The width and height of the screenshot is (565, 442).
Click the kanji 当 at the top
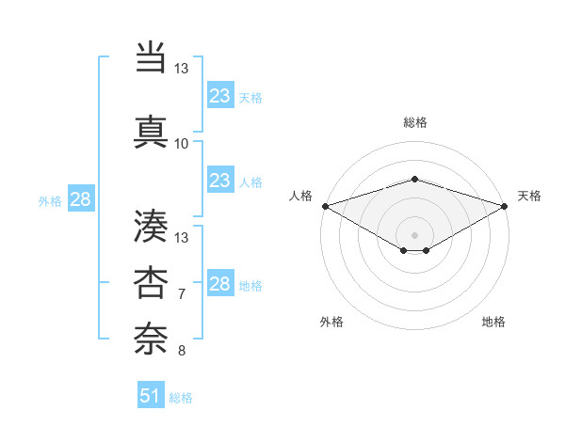pyautogui.click(x=151, y=59)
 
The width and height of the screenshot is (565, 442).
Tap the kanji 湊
pyautogui.click(x=151, y=227)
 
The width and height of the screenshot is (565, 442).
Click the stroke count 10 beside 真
pyautogui.click(x=182, y=144)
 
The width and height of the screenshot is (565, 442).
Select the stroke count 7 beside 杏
pyautogui.click(x=182, y=294)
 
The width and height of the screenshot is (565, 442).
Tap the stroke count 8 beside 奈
pyautogui.click(x=182, y=351)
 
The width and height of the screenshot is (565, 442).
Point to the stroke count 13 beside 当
pyautogui.click(x=182, y=69)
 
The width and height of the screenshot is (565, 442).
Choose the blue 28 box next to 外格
pyautogui.click(x=80, y=199)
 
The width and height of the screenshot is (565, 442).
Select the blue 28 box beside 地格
pyautogui.click(x=219, y=284)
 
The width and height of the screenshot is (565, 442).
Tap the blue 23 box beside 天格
pyautogui.click(x=219, y=96)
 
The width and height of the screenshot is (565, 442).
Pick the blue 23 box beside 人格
pyautogui.click(x=219, y=181)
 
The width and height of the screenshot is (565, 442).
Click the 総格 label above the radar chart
pyautogui.click(x=415, y=122)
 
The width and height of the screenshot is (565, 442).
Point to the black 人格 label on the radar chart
pyautogui.click(x=301, y=196)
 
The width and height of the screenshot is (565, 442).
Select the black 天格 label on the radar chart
pyautogui.click(x=529, y=196)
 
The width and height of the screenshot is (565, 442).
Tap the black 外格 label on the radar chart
pyautogui.click(x=331, y=323)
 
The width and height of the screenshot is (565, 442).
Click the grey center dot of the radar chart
pyautogui.click(x=415, y=234)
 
